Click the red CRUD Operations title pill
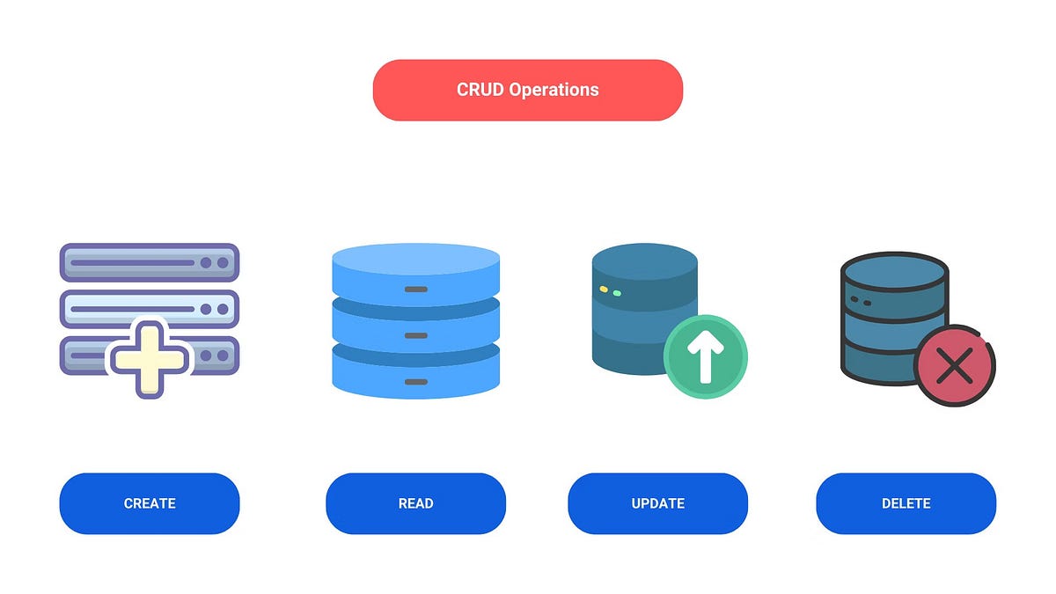click(527, 90)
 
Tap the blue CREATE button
click(150, 503)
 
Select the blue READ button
click(415, 503)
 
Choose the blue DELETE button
click(906, 503)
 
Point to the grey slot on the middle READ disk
click(415, 335)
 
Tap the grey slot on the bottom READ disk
click(415, 382)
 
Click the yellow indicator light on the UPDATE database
click(604, 290)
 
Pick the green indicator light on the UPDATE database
click(617, 293)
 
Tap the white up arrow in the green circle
click(705, 356)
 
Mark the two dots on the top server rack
click(214, 262)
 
